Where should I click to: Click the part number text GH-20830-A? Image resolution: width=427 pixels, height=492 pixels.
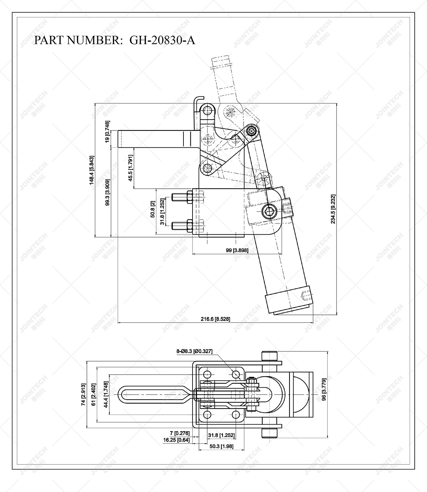(162, 40)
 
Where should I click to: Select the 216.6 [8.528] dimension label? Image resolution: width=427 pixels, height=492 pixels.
(215, 319)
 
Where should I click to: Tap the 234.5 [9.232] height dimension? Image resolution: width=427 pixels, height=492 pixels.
(333, 209)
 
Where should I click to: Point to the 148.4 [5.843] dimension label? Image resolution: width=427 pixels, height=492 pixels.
(92, 170)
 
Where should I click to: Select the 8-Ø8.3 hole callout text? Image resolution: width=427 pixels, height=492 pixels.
(194, 351)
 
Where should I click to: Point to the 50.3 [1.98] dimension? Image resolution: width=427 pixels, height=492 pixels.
(221, 446)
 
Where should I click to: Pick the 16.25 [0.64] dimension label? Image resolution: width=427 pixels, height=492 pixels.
(176, 440)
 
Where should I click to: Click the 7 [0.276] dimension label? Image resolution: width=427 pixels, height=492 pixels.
(179, 433)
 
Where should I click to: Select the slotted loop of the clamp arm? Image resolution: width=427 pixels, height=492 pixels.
(154, 394)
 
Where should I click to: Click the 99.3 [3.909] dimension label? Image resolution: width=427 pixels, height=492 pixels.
(107, 193)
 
